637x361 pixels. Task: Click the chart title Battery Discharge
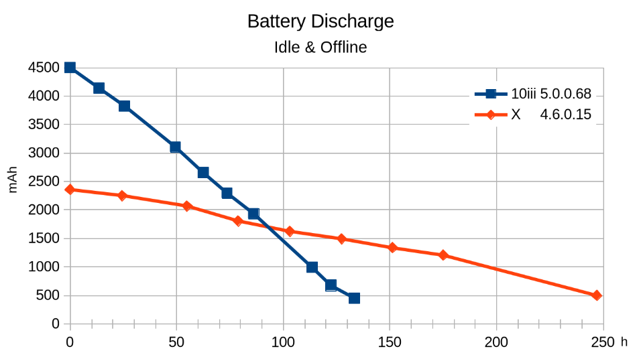point(320,21)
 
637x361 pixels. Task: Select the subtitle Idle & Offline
point(320,48)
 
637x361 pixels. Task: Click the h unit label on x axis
point(624,342)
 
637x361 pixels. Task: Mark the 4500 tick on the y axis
point(44,68)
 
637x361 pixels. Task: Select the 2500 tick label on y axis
point(44,182)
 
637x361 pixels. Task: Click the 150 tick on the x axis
point(390,342)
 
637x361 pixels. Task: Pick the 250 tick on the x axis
point(603,342)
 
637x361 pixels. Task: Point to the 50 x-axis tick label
point(176,342)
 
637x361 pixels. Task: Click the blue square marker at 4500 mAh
point(70,68)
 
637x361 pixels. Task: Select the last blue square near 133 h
point(354,298)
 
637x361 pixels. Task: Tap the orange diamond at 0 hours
point(70,190)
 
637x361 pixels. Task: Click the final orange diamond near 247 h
point(597,295)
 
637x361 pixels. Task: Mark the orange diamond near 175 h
point(443,255)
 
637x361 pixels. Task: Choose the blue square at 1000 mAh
point(312,267)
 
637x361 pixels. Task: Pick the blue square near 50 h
point(175,147)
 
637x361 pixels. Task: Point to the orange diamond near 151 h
point(392,248)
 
